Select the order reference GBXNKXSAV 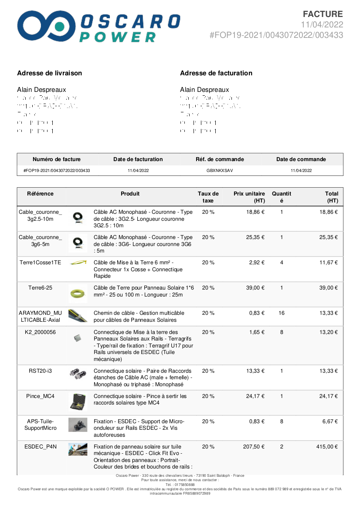[x=220, y=171]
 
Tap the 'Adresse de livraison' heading [x=49, y=73]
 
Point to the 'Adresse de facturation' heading [x=216, y=73]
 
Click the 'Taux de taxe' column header [x=208, y=197]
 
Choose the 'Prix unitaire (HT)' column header [x=249, y=197]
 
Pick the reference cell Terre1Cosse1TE [x=41, y=263]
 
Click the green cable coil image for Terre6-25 [x=78, y=294]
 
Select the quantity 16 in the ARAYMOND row [x=282, y=313]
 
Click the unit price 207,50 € [x=254, y=447]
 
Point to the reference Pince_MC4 [x=41, y=396]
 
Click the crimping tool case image [x=78, y=402]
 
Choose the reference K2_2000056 [x=41, y=332]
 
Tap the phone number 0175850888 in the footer [x=180, y=485]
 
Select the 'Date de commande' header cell [x=301, y=159]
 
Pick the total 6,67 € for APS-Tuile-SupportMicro [x=330, y=421]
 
